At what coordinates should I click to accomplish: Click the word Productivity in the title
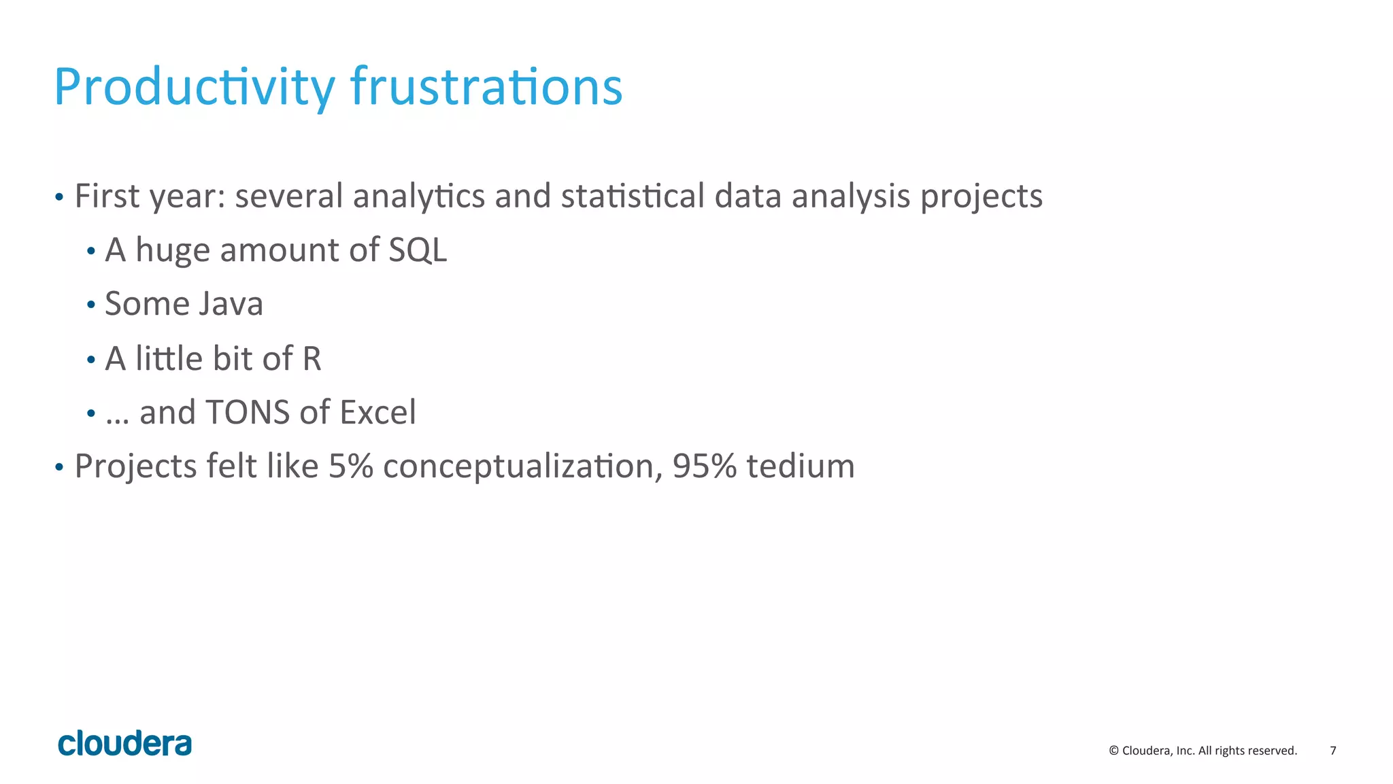[194, 87]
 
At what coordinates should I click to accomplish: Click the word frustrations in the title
[486, 87]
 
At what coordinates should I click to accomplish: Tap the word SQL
[418, 250]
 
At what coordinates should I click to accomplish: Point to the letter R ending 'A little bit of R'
[312, 358]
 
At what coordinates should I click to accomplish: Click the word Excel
[377, 412]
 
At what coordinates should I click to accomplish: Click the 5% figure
[350, 466]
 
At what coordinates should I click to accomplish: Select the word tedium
[800, 466]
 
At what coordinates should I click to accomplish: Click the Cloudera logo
[124, 744]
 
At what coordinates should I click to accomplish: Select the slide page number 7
[1332, 751]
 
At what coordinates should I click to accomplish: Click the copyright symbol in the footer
[1113, 751]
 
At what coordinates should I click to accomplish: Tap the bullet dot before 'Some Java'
[91, 305]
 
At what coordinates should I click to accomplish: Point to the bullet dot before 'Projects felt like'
[59, 468]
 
